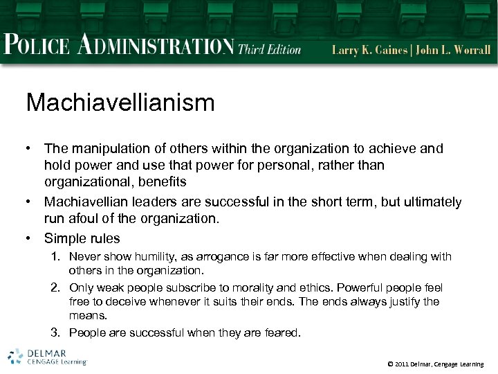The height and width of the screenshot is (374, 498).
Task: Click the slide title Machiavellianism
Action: pyautogui.click(x=120, y=103)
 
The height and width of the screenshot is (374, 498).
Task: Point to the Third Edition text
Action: pyautogui.click(x=270, y=49)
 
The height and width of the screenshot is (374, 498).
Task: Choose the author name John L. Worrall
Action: pyautogui.click(x=455, y=50)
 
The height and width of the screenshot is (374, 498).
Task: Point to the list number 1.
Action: pyautogui.click(x=58, y=257)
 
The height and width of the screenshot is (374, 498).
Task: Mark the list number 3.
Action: pyautogui.click(x=58, y=333)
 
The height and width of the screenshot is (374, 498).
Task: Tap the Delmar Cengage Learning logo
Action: pyautogui.click(x=47, y=356)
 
